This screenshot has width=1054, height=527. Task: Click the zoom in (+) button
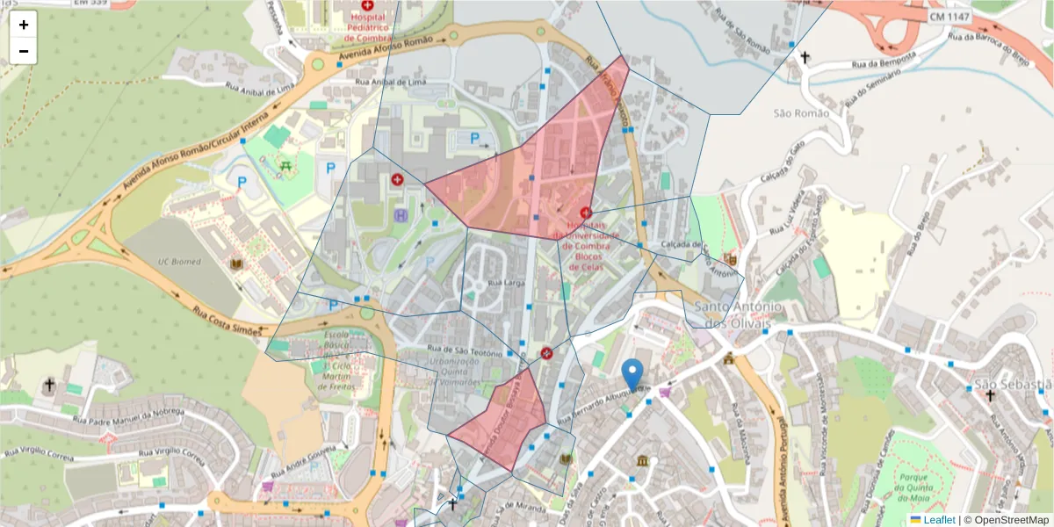point(24,25)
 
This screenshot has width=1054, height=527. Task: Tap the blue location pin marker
point(632,375)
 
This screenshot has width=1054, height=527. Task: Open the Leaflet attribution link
point(939,519)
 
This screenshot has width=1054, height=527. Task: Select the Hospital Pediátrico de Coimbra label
point(367,26)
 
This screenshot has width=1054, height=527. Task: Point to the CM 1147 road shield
point(951,17)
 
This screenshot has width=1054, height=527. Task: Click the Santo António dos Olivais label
point(738,314)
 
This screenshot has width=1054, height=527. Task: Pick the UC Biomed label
point(180,262)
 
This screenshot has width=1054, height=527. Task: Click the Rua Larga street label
point(506,284)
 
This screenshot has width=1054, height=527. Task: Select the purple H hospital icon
point(401,215)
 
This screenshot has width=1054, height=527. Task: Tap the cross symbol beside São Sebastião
point(990,396)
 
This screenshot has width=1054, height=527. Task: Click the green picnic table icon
point(285,164)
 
